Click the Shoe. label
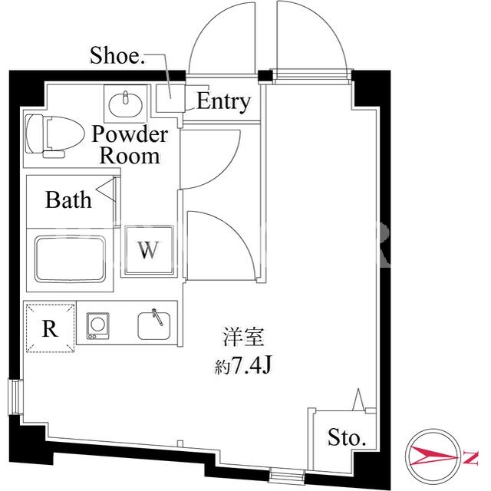click(117, 55)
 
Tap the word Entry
click(223, 101)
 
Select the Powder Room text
click(130, 145)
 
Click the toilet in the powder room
click(54, 136)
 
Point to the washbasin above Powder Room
click(125, 104)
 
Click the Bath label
click(68, 199)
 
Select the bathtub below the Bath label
click(70, 259)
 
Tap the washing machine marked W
click(149, 251)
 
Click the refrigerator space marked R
click(50, 328)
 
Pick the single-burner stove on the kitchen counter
click(97, 325)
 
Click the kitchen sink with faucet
click(154, 325)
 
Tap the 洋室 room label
click(243, 337)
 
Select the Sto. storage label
click(347, 437)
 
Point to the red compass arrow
click(433, 456)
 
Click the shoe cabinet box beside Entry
click(170, 98)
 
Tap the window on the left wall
click(15, 397)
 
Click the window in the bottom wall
click(287, 475)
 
